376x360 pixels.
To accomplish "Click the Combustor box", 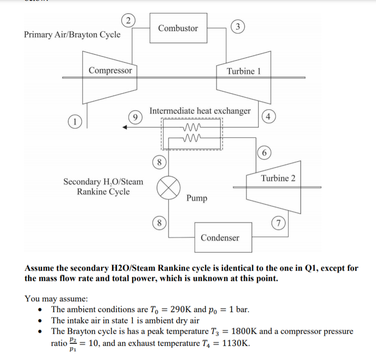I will tap(178, 28).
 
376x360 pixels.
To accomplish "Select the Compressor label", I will tap(110, 70).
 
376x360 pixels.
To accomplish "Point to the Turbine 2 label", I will tap(278, 178).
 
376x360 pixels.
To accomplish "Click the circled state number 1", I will tap(76, 120).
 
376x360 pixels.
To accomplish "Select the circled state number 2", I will tap(128, 20).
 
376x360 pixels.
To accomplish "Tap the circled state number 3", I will tap(238, 26).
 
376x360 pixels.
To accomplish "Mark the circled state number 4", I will tap(267, 117).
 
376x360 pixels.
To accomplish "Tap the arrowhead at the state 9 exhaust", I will tap(126, 128).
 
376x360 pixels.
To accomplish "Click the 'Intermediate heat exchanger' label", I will tap(200, 110).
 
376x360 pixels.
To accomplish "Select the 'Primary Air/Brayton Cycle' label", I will tap(72, 34).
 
